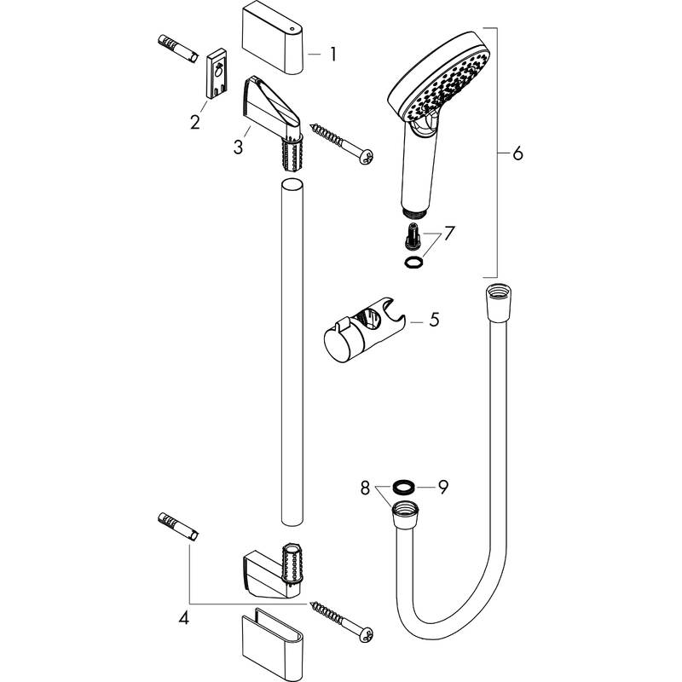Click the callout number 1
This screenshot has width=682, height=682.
tap(332, 54)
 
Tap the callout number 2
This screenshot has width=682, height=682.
tap(195, 122)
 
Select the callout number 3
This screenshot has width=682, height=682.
tap(238, 147)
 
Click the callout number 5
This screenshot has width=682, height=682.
tap(433, 321)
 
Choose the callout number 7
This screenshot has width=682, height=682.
tap(450, 232)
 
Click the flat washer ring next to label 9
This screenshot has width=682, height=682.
tap(404, 488)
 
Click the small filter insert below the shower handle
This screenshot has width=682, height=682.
tap(411, 233)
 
